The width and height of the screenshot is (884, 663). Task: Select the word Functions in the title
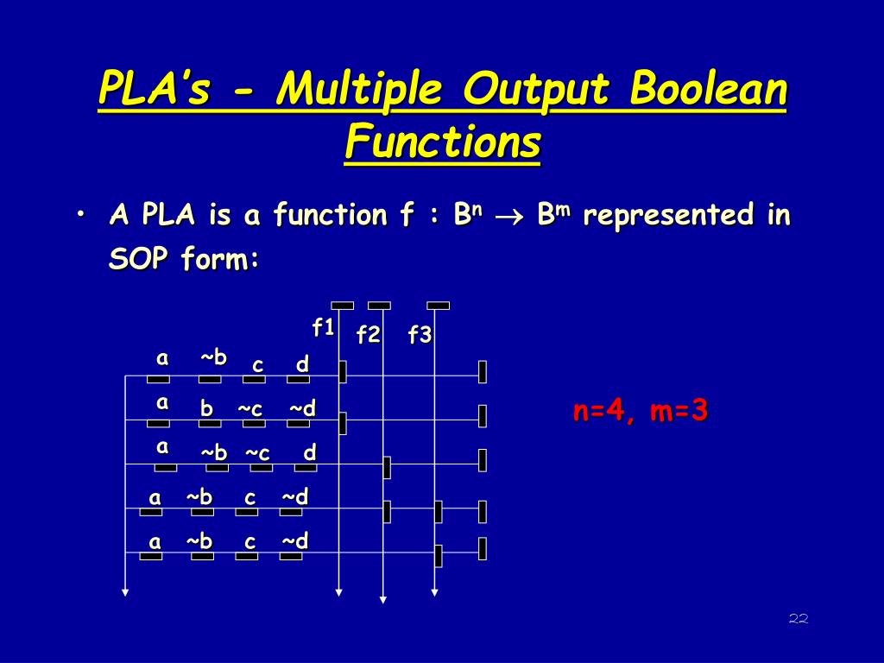click(x=442, y=142)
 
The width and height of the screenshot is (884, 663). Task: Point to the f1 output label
click(x=323, y=327)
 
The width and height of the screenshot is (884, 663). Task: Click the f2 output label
click(x=369, y=335)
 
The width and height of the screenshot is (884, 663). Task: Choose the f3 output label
click(x=420, y=335)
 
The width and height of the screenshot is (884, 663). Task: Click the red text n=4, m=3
click(x=641, y=411)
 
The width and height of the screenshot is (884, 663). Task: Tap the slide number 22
click(x=798, y=618)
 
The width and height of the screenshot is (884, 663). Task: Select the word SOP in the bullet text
click(x=138, y=259)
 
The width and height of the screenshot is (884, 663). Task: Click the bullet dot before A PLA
click(x=80, y=214)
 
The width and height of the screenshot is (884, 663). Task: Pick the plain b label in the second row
click(x=207, y=408)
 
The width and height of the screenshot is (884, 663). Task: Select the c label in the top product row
click(x=257, y=365)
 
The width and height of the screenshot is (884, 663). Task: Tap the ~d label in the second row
click(x=302, y=408)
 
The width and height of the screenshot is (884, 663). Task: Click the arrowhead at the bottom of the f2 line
click(x=383, y=598)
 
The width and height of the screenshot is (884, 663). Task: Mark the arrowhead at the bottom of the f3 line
click(x=435, y=593)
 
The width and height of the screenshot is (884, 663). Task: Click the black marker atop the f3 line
click(x=439, y=305)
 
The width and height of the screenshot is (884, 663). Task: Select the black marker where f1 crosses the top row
click(x=343, y=371)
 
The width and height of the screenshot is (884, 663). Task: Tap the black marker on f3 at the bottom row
click(x=439, y=556)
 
